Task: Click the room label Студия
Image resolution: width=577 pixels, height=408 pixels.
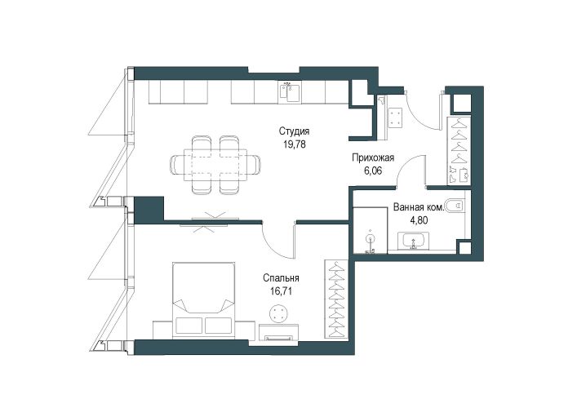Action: (294, 131)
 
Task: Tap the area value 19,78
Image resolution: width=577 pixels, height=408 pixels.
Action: (295, 144)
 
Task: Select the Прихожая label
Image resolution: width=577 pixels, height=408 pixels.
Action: (373, 158)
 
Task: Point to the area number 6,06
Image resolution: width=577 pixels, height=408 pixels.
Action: (372, 171)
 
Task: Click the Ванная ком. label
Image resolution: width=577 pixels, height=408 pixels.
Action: (419, 207)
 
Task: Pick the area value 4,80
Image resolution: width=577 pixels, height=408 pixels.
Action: (419, 220)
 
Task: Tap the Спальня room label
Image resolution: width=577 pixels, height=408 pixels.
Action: (281, 278)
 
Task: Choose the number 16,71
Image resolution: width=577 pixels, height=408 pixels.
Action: (282, 291)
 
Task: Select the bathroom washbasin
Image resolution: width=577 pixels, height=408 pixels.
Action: (413, 241)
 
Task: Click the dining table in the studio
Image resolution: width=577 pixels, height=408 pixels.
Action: (215, 165)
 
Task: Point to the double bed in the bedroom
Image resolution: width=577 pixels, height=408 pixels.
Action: (203, 299)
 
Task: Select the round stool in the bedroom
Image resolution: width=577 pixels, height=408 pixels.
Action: (278, 314)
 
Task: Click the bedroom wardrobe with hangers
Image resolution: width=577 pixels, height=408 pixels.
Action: (335, 299)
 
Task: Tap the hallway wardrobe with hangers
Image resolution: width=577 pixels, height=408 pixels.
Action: (459, 150)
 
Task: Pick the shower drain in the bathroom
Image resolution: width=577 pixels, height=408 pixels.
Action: (370, 238)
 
